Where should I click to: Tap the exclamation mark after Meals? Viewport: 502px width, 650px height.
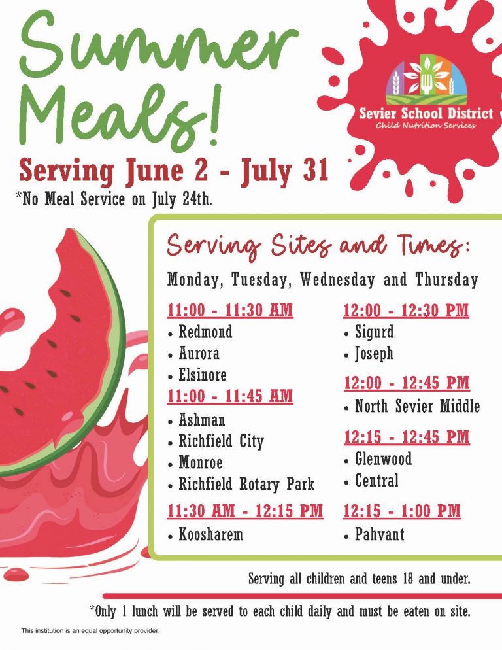(215, 114)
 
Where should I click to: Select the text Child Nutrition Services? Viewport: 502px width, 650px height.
(426, 125)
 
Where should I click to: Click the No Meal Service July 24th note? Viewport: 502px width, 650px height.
(114, 199)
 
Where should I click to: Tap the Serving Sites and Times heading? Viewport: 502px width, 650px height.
(318, 245)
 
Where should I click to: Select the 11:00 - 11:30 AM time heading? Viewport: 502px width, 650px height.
(230, 311)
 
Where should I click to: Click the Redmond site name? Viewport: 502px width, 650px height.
(205, 332)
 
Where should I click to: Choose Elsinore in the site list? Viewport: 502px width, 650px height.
(202, 375)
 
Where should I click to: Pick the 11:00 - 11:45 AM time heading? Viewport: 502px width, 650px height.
(230, 396)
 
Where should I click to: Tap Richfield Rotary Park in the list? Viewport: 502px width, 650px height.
(246, 484)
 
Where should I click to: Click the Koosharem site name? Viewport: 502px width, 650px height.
(210, 534)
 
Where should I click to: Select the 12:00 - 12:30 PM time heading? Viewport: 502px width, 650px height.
(407, 311)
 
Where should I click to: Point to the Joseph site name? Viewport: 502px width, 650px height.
(375, 354)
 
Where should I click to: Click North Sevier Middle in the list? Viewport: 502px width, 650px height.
(418, 406)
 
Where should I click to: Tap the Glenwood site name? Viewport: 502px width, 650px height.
(384, 459)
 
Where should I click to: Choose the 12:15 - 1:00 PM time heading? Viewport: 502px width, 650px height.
(402, 511)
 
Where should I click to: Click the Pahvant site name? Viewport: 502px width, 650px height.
(379, 534)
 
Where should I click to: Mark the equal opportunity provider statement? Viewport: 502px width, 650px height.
(90, 630)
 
